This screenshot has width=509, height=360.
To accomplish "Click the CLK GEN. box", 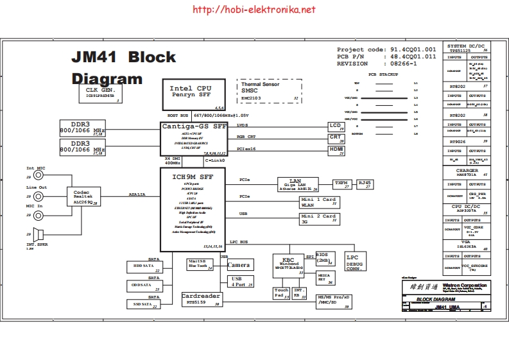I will coord(100,94).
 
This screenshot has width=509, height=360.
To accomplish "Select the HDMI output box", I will coord(337,151).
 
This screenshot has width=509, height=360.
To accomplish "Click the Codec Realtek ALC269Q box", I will coord(83,196).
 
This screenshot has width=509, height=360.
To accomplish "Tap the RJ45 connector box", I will coord(365,184).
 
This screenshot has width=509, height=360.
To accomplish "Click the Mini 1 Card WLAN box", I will coord(319,202).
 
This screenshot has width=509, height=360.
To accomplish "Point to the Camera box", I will coord(239,265).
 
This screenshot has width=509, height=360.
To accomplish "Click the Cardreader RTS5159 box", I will coord(202,299).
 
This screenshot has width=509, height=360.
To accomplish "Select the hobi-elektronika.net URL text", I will coord(254,10).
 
